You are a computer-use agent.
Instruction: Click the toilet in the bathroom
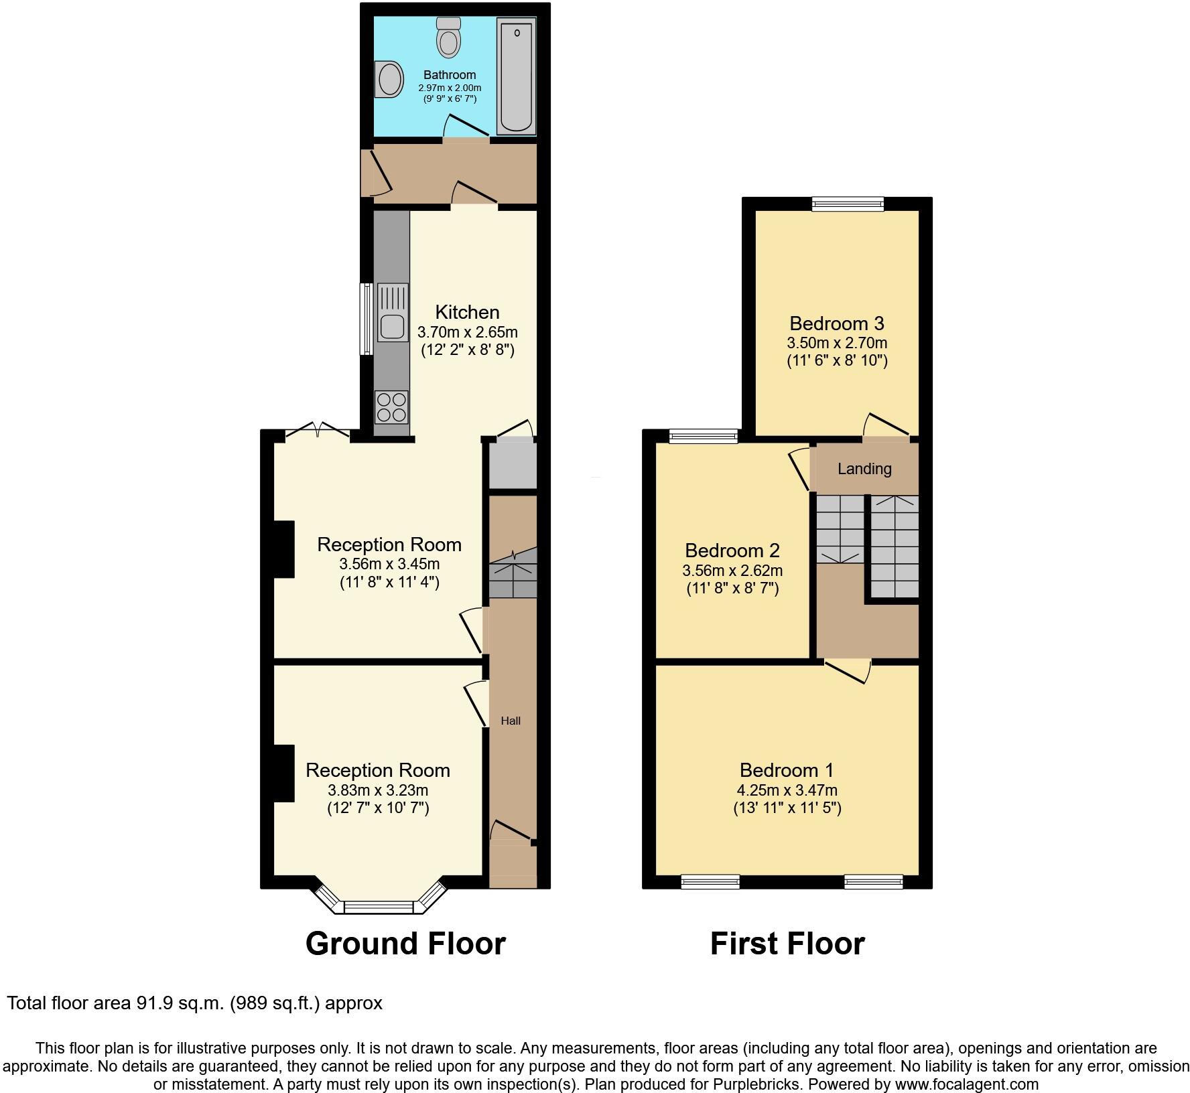(x=448, y=38)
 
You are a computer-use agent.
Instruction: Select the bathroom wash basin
(x=389, y=81)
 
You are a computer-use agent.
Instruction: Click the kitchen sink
(x=393, y=313)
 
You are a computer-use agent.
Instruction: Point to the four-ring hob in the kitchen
(x=392, y=407)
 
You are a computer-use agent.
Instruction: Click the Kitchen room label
(x=467, y=312)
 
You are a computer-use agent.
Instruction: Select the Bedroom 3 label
(x=837, y=323)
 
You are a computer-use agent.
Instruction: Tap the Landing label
(x=864, y=469)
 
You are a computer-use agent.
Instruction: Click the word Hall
(x=511, y=721)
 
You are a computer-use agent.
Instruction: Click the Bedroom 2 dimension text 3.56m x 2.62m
(x=732, y=571)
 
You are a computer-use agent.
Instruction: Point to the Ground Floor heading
(x=405, y=944)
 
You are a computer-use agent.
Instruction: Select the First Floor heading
(x=787, y=944)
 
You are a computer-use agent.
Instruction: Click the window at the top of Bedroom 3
(x=848, y=204)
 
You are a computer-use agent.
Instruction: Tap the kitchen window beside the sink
(x=366, y=319)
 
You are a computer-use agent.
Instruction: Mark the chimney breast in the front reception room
(x=283, y=773)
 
